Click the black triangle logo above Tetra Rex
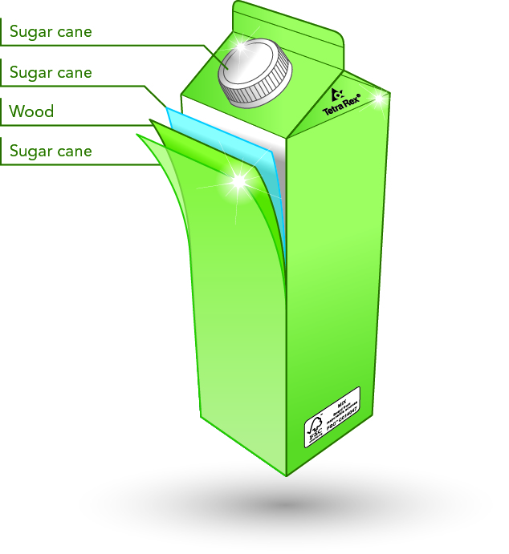click(338, 92)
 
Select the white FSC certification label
click(332, 416)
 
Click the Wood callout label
click(32, 111)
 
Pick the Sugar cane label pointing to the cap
click(51, 32)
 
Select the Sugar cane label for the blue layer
click(51, 72)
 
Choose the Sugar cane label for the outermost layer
click(51, 151)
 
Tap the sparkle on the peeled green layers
click(238, 182)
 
